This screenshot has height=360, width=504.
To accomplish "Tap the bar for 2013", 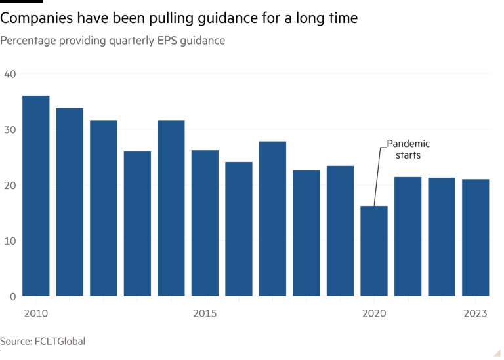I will coord(137,224).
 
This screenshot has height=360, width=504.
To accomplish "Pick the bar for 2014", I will coord(171,208).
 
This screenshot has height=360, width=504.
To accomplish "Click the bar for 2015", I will coord(205,223).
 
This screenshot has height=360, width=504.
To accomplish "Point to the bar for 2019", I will coord(340,230).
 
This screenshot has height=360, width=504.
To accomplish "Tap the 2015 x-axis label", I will coord(205,313).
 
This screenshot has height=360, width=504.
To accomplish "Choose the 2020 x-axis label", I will coord(374,313).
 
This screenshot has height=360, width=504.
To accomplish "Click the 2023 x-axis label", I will coord(475,313).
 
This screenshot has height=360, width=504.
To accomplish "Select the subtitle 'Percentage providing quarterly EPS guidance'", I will coord(113,41).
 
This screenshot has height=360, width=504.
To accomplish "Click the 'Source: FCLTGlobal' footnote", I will coord(43,342).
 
